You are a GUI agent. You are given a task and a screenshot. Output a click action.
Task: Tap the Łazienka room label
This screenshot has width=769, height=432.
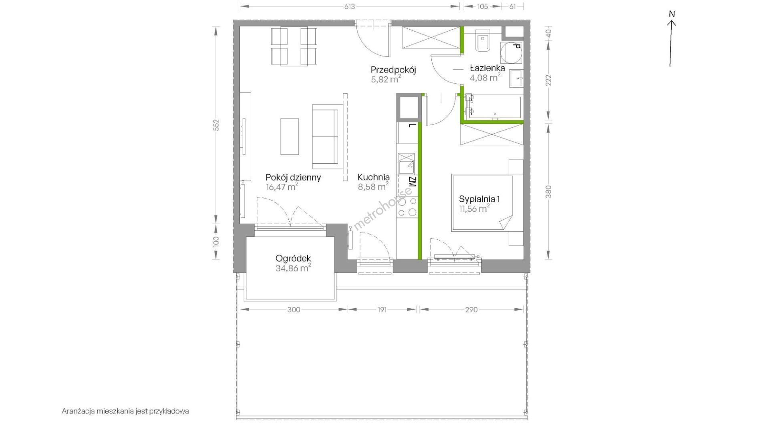(x=487, y=68)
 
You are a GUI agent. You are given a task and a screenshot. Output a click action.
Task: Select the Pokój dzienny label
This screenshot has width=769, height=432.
(x=293, y=177)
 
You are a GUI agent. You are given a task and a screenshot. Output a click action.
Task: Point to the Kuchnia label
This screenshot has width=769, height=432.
(x=373, y=177)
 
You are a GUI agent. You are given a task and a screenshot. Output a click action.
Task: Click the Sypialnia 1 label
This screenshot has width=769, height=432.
(x=479, y=199)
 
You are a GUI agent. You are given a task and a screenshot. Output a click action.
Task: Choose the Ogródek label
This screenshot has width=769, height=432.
(x=293, y=259)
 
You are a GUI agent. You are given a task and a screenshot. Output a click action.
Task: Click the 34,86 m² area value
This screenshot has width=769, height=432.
(x=293, y=268)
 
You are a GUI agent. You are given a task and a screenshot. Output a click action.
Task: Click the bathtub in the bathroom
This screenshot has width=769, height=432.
(x=493, y=107)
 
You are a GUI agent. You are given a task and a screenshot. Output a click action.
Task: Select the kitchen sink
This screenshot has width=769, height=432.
(x=406, y=164)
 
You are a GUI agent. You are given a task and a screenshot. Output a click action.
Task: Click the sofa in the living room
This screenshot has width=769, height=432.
(x=325, y=136)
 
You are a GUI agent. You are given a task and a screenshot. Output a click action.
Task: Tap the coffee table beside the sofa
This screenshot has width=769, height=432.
(x=290, y=136)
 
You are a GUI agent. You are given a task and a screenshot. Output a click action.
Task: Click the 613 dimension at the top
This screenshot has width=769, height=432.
(x=350, y=6)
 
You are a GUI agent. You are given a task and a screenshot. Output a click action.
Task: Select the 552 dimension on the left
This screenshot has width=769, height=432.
(x=216, y=125)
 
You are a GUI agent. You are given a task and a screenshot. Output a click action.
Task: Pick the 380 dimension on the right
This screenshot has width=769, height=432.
(x=549, y=191)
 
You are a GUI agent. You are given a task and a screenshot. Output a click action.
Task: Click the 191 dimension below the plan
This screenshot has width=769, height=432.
(x=382, y=309)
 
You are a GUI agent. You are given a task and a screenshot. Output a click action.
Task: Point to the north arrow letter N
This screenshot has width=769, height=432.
(x=672, y=14)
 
